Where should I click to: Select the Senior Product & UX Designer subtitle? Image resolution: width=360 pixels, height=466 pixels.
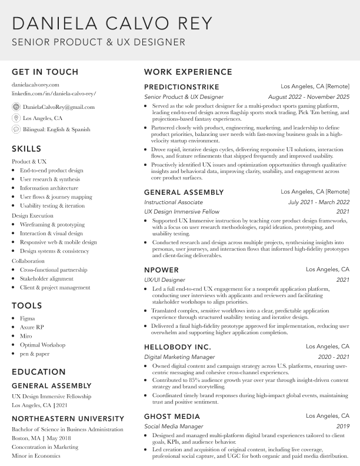click(98, 42)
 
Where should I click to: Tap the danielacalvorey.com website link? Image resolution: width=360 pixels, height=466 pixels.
click(35, 85)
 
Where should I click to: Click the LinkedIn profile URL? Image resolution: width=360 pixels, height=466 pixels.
click(54, 94)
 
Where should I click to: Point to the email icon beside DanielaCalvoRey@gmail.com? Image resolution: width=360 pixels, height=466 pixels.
click(16, 107)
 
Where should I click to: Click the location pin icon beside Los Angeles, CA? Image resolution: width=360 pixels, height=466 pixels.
click(16, 118)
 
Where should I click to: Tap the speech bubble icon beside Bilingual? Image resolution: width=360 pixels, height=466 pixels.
click(16, 129)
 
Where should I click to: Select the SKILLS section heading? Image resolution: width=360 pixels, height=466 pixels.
click(26, 149)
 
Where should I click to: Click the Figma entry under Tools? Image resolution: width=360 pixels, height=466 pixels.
click(27, 318)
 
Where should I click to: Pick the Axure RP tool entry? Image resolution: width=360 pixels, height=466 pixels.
click(32, 327)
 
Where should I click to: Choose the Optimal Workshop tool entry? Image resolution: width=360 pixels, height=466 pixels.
click(42, 345)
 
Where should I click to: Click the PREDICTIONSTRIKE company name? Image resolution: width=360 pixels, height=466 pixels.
click(181, 87)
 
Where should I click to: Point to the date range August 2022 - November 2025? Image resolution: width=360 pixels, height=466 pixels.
click(308, 96)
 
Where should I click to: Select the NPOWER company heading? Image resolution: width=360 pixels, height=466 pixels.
click(161, 270)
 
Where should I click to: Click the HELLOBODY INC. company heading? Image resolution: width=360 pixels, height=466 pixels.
click(177, 347)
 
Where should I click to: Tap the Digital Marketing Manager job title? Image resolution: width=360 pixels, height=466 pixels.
click(179, 357)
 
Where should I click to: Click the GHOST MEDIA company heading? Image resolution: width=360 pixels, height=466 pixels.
click(172, 417)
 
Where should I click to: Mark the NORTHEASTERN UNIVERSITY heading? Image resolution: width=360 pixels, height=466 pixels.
click(68, 420)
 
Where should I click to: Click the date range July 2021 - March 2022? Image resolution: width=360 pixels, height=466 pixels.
click(318, 202)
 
